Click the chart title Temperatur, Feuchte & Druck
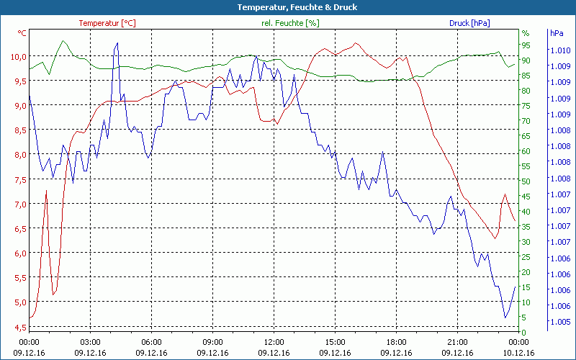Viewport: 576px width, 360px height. pyautogui.click(x=287, y=7)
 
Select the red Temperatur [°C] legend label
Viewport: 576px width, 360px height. pyautogui.click(x=107, y=23)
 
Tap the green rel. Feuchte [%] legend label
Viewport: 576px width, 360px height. pyautogui.click(x=290, y=23)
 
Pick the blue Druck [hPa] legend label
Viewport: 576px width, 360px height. pyautogui.click(x=469, y=23)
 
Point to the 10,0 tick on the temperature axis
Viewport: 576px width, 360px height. pyautogui.click(x=17, y=56)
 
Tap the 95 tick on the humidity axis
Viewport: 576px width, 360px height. pyautogui.click(x=526, y=45)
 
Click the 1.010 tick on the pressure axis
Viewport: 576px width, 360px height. pyautogui.click(x=560, y=50)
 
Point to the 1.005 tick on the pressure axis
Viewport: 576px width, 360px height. pyautogui.click(x=560, y=322)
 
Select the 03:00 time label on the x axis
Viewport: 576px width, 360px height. pyautogui.click(x=90, y=342)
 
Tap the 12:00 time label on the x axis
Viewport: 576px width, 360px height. pyautogui.click(x=274, y=342)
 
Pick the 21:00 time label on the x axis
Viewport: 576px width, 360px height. pyautogui.click(x=457, y=342)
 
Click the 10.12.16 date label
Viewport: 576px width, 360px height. pyautogui.click(x=518, y=353)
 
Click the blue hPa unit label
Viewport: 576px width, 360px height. pyautogui.click(x=557, y=33)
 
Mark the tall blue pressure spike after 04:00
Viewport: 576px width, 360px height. pyautogui.click(x=117, y=45)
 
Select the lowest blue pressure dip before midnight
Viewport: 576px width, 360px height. pyautogui.click(x=505, y=317)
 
